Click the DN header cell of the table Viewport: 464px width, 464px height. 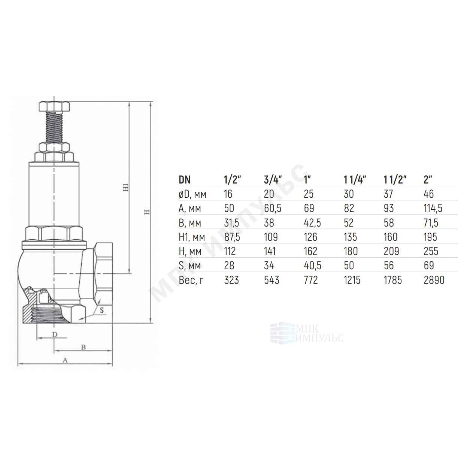point(185,180)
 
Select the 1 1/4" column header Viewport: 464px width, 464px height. point(355,180)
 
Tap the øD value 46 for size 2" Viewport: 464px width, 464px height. point(428,194)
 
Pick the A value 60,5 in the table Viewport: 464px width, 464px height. point(273,208)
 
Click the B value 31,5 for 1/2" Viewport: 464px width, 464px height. point(232,223)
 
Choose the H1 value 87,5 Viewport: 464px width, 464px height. point(232,237)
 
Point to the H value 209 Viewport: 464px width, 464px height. point(391,251)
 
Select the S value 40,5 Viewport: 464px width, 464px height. point(313,266)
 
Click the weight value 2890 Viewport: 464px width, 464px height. point(434,280)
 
